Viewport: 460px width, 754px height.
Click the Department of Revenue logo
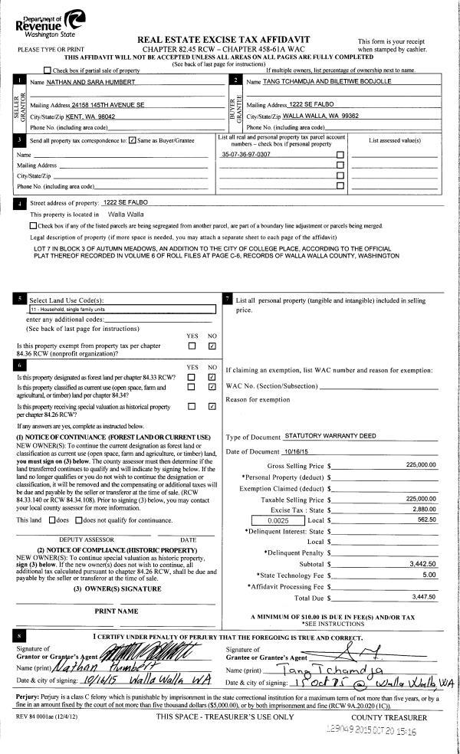(47, 21)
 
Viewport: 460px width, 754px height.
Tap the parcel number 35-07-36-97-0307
(245, 154)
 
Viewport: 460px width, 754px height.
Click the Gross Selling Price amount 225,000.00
(421, 465)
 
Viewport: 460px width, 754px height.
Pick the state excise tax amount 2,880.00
(423, 509)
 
